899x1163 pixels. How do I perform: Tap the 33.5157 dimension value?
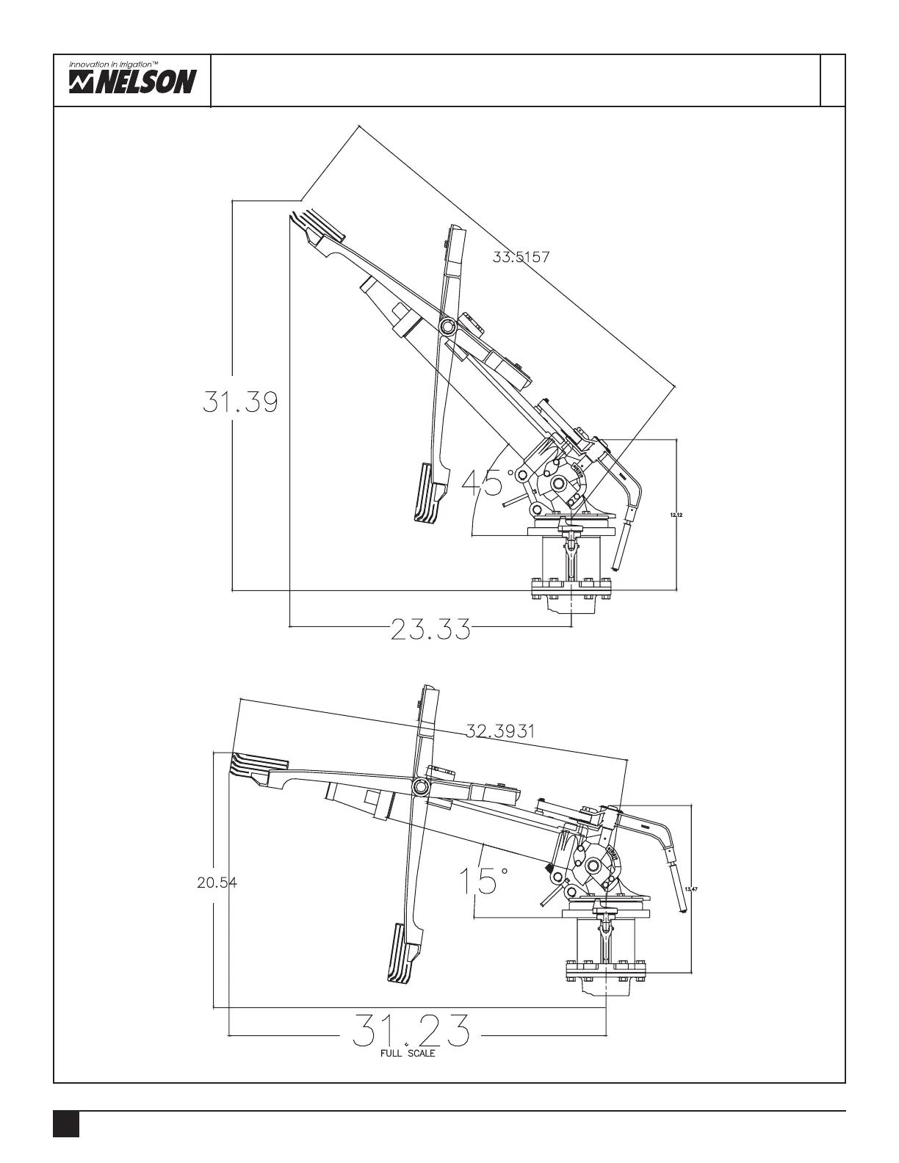tap(521, 256)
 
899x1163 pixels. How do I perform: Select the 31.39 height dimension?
tap(240, 402)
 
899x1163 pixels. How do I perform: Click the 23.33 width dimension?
tap(430, 629)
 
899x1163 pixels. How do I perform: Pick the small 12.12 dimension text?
tap(676, 515)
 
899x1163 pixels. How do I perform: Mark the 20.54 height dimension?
tap(217, 883)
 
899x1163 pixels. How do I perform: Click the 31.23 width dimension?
tap(411, 1031)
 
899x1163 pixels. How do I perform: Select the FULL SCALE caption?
tap(408, 1054)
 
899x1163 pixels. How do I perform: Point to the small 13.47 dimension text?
tap(690, 889)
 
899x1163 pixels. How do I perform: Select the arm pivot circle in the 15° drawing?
tap(421, 788)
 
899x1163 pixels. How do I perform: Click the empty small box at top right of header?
tap(832, 80)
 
